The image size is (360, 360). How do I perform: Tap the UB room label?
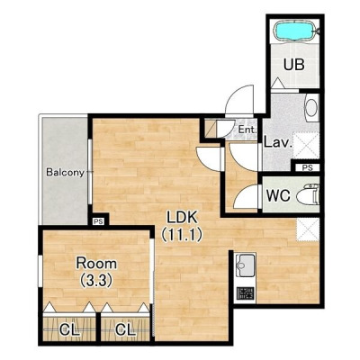[x=294, y=65]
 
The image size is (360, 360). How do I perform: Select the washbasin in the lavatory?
[x=311, y=107]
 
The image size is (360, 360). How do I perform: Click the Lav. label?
[x=278, y=142]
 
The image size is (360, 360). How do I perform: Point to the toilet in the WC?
[x=308, y=194]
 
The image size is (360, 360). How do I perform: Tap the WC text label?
[x=278, y=195]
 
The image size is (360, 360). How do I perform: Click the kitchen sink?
[x=246, y=265]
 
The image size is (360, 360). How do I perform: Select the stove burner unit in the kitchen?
[x=246, y=293]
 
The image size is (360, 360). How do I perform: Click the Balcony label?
[x=65, y=173]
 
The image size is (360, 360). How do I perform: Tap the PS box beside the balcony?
[x=98, y=221]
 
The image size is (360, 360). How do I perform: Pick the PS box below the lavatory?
[x=307, y=167]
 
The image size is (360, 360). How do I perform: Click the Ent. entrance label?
[x=247, y=130]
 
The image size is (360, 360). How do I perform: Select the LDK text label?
[x=182, y=217]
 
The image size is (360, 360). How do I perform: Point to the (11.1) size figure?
[x=182, y=235]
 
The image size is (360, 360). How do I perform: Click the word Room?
[x=96, y=264]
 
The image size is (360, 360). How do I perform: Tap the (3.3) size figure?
[x=96, y=281]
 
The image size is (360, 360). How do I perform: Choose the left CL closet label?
[x=69, y=330]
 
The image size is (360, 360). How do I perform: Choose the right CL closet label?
[x=125, y=330]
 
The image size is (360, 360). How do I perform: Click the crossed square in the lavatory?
[x=306, y=146]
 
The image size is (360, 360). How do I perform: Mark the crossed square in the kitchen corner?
[x=308, y=229]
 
